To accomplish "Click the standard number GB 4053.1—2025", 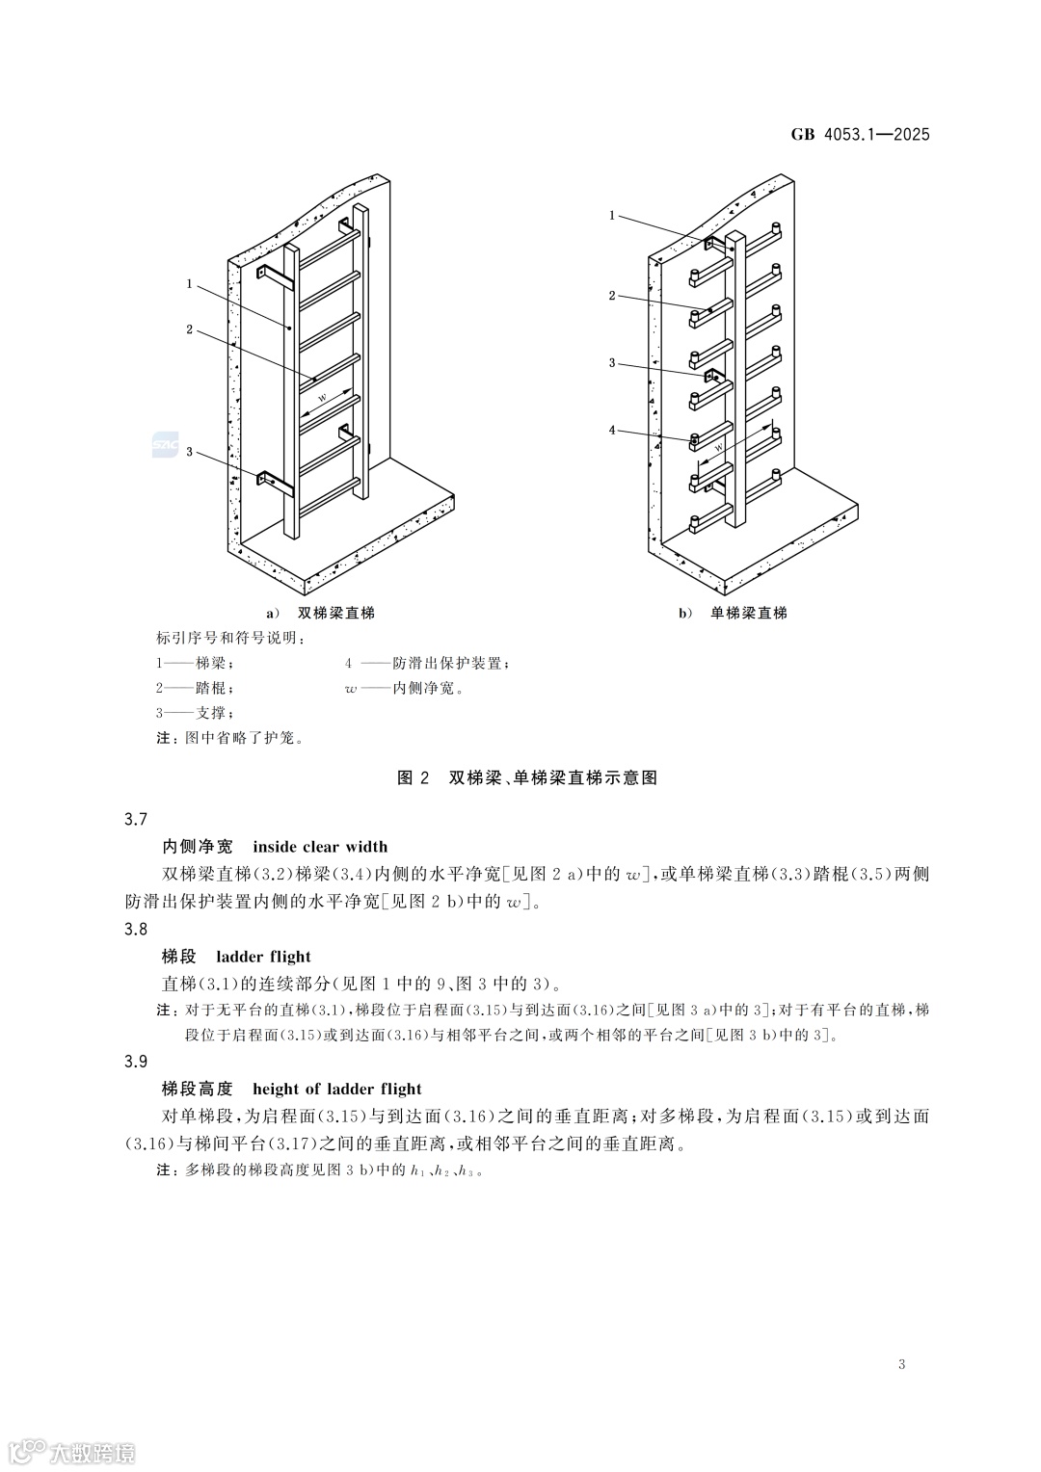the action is pyautogui.click(x=861, y=135).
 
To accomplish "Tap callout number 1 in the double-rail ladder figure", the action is pyautogui.click(x=190, y=284).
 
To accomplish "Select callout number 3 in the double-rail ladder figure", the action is pyautogui.click(x=190, y=452).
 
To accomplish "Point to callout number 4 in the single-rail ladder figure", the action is pyautogui.click(x=612, y=431).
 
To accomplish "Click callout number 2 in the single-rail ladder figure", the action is pyautogui.click(x=612, y=296).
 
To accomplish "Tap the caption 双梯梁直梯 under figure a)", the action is pyautogui.click(x=335, y=613).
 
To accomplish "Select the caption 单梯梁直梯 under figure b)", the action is pyautogui.click(x=748, y=613).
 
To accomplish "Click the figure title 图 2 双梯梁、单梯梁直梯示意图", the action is pyautogui.click(x=527, y=777).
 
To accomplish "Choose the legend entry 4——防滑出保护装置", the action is pyautogui.click(x=426, y=663).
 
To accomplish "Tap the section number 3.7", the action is pyautogui.click(x=136, y=819).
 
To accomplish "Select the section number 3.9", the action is pyautogui.click(x=136, y=1062).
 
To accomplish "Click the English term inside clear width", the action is pyautogui.click(x=320, y=847).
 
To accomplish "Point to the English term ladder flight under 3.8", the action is pyautogui.click(x=263, y=957).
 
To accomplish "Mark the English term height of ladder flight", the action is pyautogui.click(x=336, y=1089).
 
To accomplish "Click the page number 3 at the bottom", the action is pyautogui.click(x=901, y=1364).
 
